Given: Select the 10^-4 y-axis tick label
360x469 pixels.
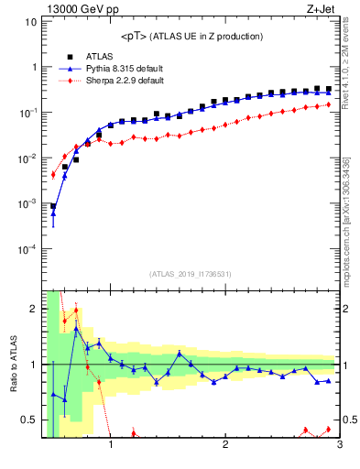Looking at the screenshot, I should click(x=27, y=249).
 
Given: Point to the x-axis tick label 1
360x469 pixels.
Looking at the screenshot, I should click(x=111, y=448).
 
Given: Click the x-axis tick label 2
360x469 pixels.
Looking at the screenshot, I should click(x=225, y=448).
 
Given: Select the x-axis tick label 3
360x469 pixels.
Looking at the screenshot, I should click(x=339, y=448).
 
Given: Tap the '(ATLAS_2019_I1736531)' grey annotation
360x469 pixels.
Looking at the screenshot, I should click(x=191, y=274).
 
